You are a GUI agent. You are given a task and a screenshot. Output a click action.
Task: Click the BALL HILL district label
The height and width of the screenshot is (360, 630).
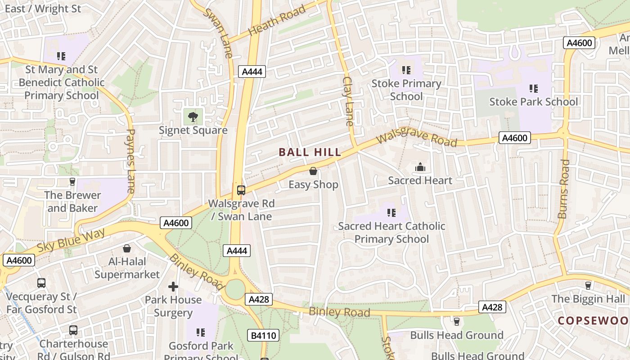(x=310, y=153)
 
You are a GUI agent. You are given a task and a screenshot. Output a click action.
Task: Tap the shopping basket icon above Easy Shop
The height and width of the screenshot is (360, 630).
(x=313, y=171)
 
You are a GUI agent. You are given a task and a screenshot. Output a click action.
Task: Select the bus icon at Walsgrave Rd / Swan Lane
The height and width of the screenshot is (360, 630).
(x=241, y=190)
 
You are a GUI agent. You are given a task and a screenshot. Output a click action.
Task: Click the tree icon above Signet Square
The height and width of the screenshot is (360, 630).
(x=193, y=117)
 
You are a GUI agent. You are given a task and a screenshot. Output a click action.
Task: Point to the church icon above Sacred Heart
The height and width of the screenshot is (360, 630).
(x=420, y=167)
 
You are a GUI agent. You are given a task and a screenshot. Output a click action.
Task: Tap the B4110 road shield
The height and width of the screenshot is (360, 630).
(x=263, y=335)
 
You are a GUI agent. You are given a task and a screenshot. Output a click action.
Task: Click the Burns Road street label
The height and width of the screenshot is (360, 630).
(x=563, y=189)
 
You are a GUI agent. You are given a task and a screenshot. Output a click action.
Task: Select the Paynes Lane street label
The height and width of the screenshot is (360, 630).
(x=130, y=161)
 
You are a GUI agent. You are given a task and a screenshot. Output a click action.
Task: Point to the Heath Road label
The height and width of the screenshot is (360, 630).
(x=277, y=20)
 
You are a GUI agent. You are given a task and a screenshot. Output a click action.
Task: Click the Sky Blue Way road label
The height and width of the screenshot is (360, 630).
(x=71, y=240)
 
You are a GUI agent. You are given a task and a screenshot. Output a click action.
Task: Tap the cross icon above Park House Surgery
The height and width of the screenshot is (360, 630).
(x=173, y=287)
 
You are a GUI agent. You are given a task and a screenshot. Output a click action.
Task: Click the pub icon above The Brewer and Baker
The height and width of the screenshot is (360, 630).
(x=72, y=182)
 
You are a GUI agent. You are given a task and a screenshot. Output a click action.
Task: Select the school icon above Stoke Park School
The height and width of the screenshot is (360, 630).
(x=534, y=88)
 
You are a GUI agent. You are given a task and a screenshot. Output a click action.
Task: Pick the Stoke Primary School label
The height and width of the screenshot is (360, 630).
(x=406, y=90)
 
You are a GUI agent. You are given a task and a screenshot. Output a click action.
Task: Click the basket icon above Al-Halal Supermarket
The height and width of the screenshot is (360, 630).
(x=127, y=248)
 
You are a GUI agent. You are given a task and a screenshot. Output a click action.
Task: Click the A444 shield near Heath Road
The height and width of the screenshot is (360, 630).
(x=252, y=72)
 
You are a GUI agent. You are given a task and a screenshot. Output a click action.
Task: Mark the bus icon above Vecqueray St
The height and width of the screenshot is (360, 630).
(x=41, y=283)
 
